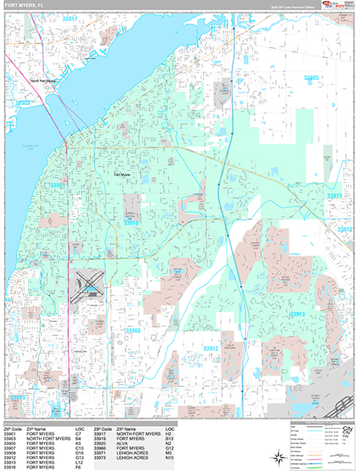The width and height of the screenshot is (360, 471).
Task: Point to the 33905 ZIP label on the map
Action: pyautogui.click(x=311, y=78)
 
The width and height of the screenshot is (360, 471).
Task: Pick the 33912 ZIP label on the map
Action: pyautogui.click(x=210, y=348)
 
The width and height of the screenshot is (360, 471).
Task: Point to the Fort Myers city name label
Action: pyautogui.click(x=122, y=174)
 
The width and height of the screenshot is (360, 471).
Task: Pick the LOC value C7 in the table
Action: pyautogui.click(x=78, y=433)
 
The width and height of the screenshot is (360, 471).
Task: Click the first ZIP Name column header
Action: pyautogui.click(x=38, y=429)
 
